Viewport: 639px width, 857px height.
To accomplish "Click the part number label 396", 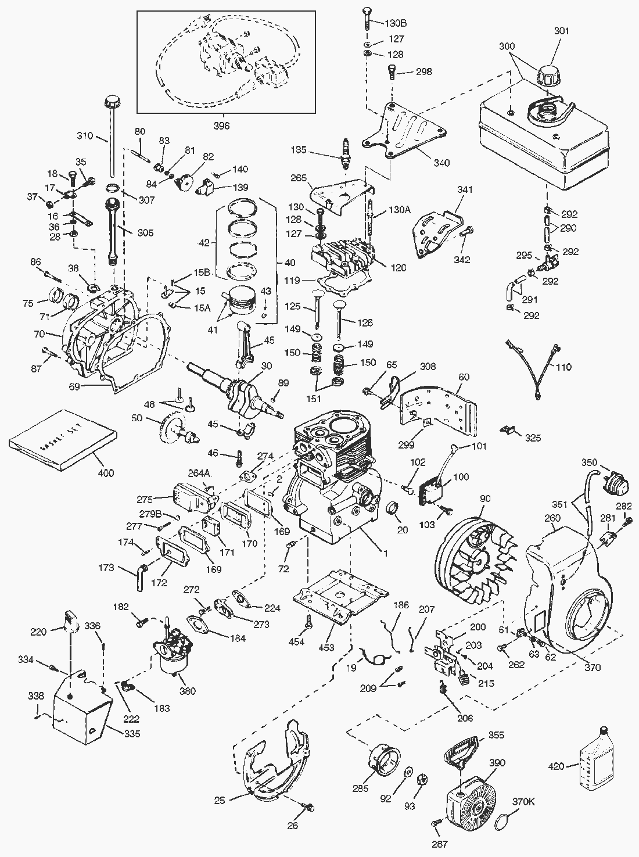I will pos(222,125).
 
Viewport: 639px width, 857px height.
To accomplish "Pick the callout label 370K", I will pos(523,802).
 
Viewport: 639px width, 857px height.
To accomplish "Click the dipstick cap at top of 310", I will pos(110,103).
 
